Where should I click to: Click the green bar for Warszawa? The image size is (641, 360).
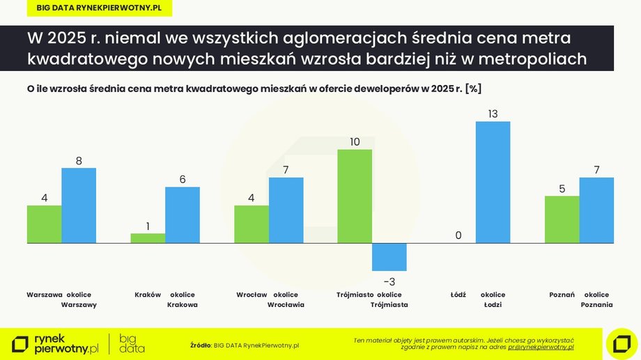44,224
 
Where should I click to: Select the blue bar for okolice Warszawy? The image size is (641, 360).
79,205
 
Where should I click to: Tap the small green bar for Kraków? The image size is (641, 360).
148,238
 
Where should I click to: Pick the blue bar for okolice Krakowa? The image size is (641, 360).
183,215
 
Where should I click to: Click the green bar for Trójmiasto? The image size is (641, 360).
355,196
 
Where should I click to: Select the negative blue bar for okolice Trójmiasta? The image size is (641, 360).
389,257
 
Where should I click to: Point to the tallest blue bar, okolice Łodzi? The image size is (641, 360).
493,182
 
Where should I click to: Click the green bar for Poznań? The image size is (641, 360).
562,219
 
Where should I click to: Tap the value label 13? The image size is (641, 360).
493,114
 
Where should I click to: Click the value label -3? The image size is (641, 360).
389,281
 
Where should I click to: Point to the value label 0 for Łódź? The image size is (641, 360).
458,235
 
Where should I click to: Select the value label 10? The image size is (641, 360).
355,142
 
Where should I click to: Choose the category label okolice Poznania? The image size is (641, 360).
596,299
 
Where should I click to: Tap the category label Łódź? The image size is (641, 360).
458,295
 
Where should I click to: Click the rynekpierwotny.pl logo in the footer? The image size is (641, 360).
56,344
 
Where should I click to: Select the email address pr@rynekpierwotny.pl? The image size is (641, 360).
541,346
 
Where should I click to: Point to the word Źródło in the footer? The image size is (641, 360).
201,345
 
